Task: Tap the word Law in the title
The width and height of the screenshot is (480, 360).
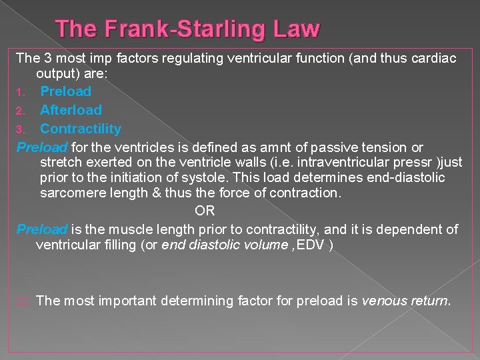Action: pyautogui.click(x=295, y=29)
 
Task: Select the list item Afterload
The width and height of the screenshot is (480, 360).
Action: pyautogui.click(x=71, y=110)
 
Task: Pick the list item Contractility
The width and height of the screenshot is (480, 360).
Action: pyautogui.click(x=81, y=129)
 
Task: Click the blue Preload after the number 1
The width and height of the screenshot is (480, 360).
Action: pyautogui.click(x=65, y=91)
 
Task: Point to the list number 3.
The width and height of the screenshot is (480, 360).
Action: pyautogui.click(x=21, y=129)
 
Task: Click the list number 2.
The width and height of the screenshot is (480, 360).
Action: pyautogui.click(x=21, y=111)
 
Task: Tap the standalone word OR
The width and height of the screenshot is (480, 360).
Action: pyautogui.click(x=205, y=211)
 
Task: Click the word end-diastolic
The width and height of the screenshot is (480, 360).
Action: pyautogui.click(x=406, y=178)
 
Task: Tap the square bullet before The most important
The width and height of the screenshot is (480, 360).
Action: pyautogui.click(x=21, y=301)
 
